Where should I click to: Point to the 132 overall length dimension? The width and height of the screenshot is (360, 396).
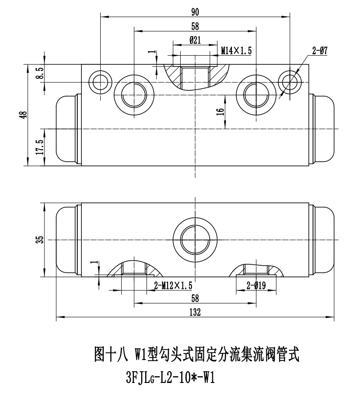tap(195, 312)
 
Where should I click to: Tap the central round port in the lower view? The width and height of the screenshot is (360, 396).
tap(195, 240)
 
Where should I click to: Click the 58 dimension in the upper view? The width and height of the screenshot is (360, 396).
tap(195, 26)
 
